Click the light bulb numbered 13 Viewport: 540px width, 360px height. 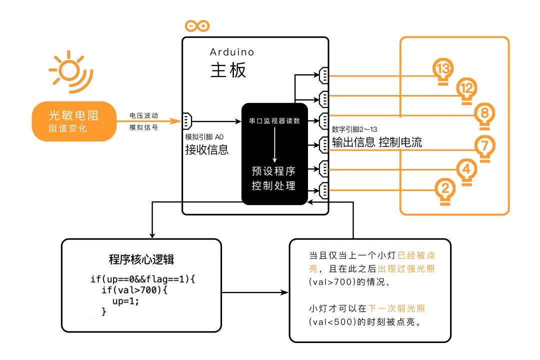pos(442,70)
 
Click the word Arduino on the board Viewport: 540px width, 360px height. pos(232,52)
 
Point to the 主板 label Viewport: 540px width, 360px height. pos(228,70)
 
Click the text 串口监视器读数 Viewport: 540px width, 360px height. pos(274,121)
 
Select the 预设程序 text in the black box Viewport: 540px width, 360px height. pos(274,171)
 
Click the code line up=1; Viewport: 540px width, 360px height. pos(125,301)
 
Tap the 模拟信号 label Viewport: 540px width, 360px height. pos(143,127)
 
